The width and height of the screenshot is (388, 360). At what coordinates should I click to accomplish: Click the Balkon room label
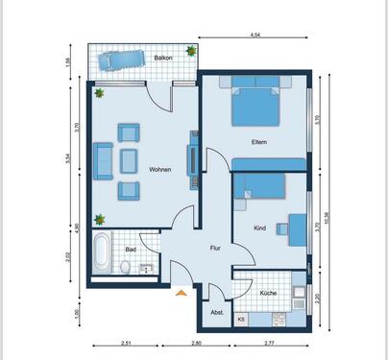point(163,59)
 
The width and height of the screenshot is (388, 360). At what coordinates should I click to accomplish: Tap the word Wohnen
point(160,170)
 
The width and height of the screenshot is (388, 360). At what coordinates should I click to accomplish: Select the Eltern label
point(258,143)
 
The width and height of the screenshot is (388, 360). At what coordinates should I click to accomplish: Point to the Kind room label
point(259,228)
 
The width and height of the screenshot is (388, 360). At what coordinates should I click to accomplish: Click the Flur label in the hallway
point(216,249)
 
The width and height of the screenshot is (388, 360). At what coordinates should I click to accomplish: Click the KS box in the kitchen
point(241,318)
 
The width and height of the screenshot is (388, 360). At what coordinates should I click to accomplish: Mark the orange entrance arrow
point(180,293)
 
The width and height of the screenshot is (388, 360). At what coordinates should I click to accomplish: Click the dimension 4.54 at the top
point(255,36)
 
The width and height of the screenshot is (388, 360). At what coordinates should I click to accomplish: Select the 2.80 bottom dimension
point(196,342)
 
